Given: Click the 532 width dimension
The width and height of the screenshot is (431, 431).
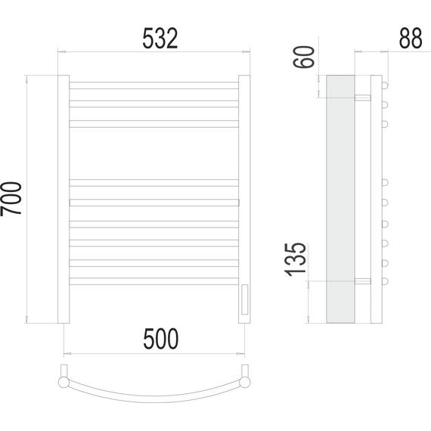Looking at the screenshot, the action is pos(160,39).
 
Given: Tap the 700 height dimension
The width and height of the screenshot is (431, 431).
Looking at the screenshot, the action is pos(11,199).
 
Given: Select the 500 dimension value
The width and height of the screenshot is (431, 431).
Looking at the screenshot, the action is pos(161,339).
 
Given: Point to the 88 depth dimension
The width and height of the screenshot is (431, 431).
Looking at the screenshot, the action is pos(411,39).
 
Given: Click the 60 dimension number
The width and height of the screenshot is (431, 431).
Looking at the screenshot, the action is pos(304,57).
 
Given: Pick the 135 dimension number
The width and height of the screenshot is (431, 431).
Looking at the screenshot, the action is pos(295,259).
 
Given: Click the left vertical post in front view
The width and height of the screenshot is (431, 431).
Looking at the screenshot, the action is pos(64,199).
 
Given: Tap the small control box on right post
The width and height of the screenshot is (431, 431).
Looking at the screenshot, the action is pos(245,299).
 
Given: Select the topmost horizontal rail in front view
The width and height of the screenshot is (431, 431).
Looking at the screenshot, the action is pos(154,85).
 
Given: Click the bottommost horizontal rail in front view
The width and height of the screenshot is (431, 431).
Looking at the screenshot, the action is pos(154,281).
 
